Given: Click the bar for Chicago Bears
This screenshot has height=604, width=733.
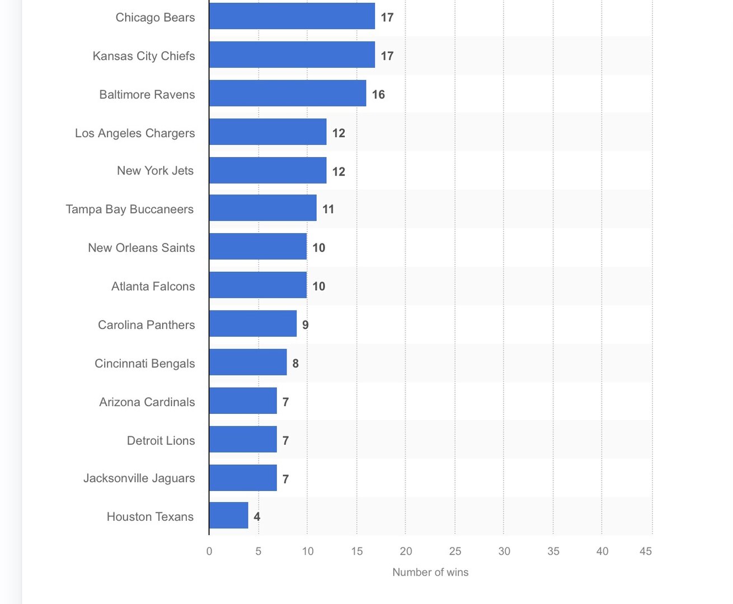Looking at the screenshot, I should pos(292,16).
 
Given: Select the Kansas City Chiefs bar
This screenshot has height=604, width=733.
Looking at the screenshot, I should pos(292,55).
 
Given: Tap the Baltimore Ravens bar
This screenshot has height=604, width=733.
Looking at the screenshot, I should pos(287,93).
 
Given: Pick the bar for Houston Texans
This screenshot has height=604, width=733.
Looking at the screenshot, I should pos(228,516).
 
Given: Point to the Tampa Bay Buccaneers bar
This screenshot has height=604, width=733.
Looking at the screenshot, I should pos(262,208).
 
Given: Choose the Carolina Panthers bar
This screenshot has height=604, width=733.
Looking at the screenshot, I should pos(252,324).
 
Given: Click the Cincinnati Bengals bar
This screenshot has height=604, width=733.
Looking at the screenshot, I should pos(247,362).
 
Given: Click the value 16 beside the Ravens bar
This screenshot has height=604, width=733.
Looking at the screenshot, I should pos(378,95).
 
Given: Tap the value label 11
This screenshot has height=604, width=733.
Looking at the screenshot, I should pos(328,209).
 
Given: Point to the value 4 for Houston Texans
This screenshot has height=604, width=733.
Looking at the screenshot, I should pos(257,517).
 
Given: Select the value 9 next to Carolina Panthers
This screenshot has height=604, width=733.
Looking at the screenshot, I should pos(305,325).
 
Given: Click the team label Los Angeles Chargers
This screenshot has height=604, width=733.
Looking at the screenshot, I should pos(135,133).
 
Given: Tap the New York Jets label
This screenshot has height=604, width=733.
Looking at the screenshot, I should pos(155,171).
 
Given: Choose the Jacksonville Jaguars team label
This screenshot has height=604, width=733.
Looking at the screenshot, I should pos(139,478).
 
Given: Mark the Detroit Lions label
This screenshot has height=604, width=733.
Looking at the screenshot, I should pos(161,441).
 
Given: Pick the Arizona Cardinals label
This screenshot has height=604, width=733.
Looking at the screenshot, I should pos(147,402).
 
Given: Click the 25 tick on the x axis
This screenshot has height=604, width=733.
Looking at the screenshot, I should pos(455,551).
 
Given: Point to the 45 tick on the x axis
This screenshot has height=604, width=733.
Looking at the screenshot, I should pos(646,551).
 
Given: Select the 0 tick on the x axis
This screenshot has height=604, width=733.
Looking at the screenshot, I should pos(209,551).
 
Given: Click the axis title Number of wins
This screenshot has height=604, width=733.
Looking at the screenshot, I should pos(430,572).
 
